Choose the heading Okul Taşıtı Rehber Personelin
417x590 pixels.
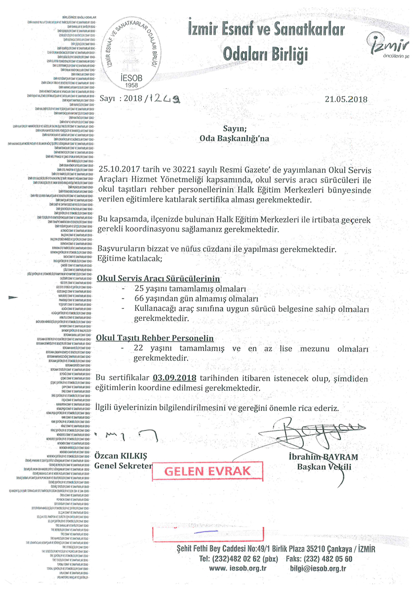(x=155, y=338)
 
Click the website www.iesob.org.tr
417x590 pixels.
(x=237, y=569)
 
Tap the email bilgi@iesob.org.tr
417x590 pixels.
(x=318, y=569)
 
